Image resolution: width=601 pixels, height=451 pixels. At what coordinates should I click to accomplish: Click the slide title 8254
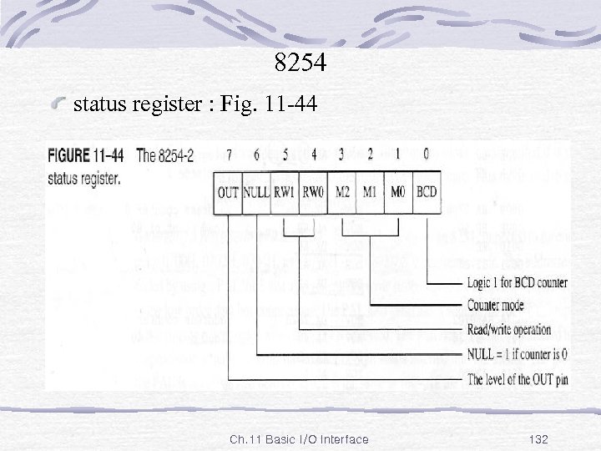[300, 63]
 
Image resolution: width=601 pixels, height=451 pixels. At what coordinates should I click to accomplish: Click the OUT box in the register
[228, 192]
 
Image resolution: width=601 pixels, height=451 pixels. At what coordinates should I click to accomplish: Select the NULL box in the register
[256, 192]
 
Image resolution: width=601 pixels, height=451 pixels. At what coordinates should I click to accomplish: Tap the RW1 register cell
[285, 192]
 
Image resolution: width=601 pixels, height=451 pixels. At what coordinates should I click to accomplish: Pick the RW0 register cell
[313, 192]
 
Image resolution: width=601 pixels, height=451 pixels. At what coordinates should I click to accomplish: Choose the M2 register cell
[341, 192]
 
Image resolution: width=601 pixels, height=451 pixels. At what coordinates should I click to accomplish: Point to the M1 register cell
[370, 192]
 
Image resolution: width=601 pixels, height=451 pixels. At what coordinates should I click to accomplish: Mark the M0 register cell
[398, 192]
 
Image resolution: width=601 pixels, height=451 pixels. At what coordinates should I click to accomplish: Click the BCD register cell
[427, 192]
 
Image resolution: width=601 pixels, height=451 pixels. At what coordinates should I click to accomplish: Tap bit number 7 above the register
[228, 154]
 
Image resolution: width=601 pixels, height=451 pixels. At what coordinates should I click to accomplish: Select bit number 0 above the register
[427, 154]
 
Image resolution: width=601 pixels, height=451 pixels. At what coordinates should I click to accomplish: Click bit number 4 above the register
[314, 154]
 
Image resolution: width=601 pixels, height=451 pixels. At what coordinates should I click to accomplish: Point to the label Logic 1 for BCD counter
[517, 282]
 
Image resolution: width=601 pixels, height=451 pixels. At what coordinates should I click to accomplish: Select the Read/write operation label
[509, 330]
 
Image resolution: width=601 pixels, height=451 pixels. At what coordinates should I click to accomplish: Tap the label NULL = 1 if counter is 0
[516, 354]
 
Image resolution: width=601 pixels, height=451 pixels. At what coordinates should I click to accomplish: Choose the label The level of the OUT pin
[517, 379]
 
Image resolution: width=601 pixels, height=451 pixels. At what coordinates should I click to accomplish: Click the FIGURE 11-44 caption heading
[86, 155]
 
